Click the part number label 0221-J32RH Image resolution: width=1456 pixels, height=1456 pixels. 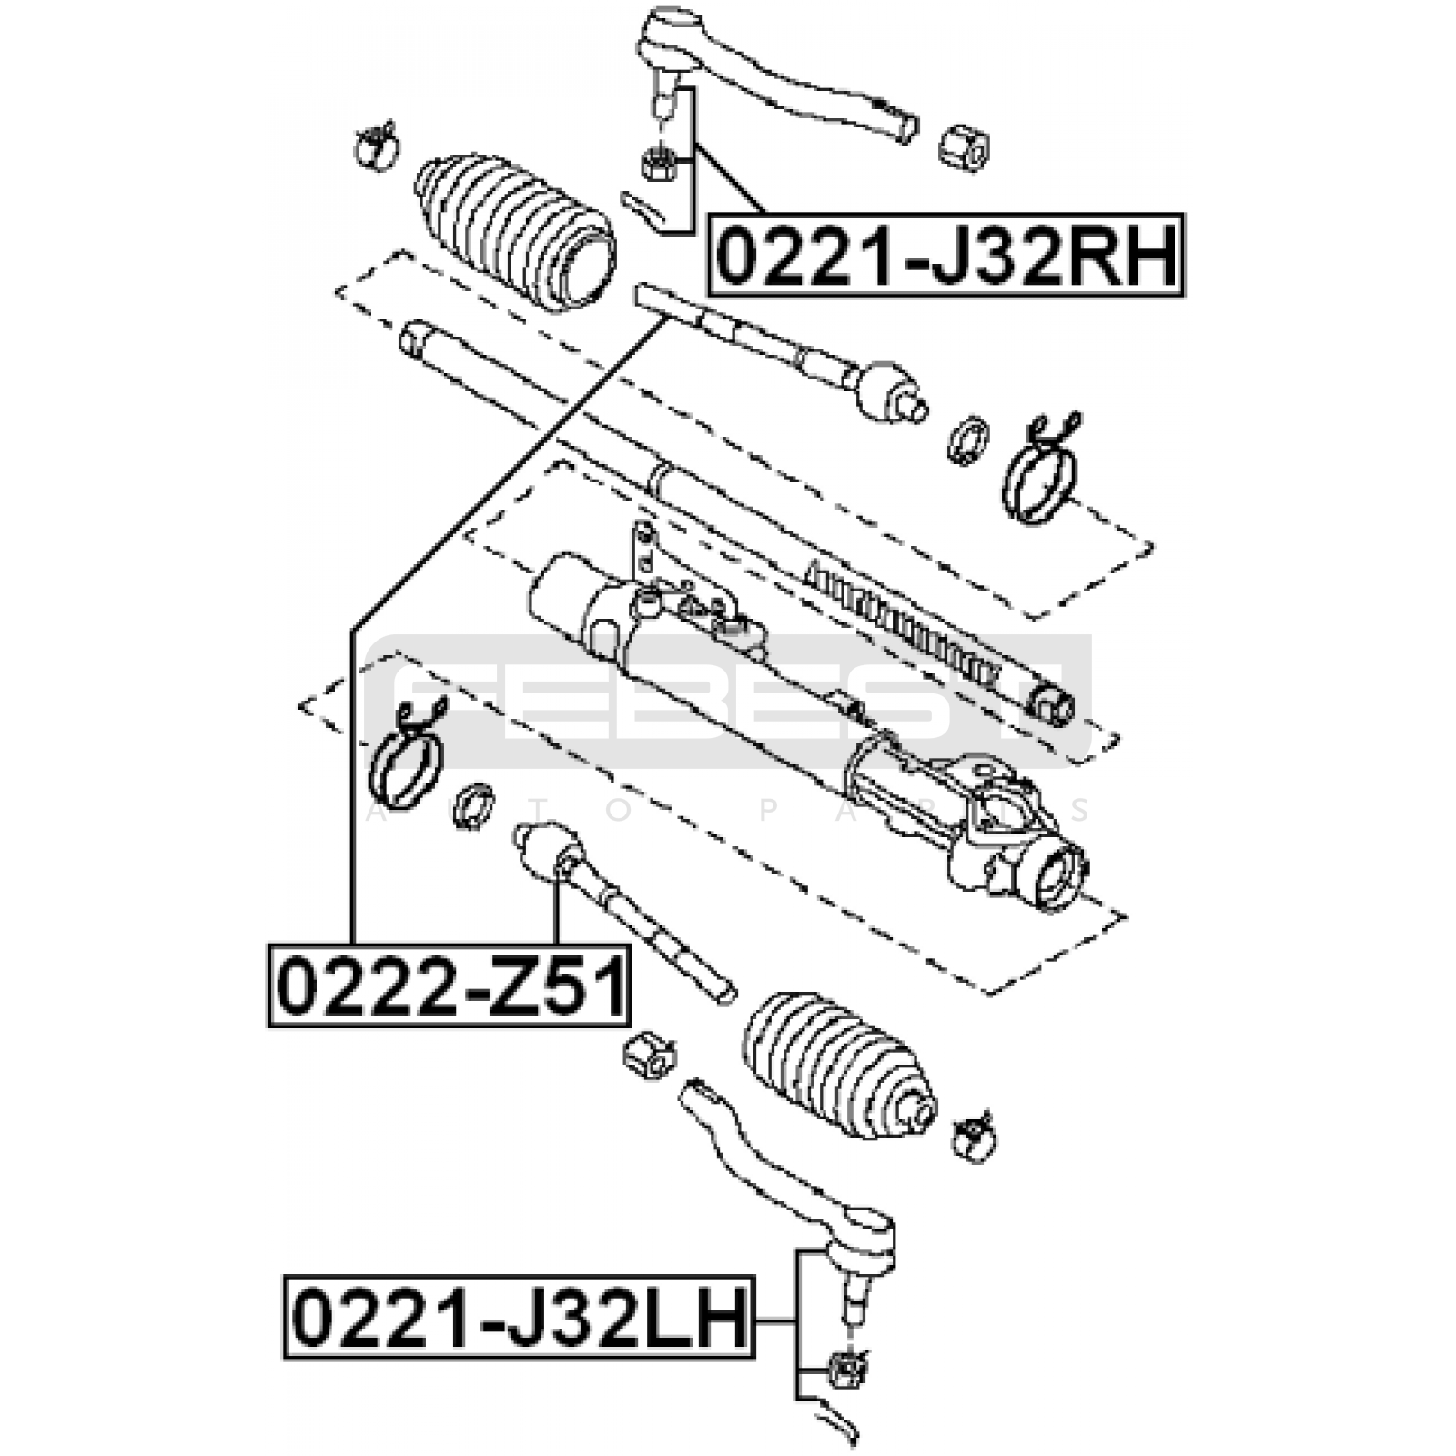[x=947, y=256]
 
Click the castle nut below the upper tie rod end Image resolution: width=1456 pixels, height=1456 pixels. [x=657, y=165]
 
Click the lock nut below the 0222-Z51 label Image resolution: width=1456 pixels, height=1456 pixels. [x=649, y=1055]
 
